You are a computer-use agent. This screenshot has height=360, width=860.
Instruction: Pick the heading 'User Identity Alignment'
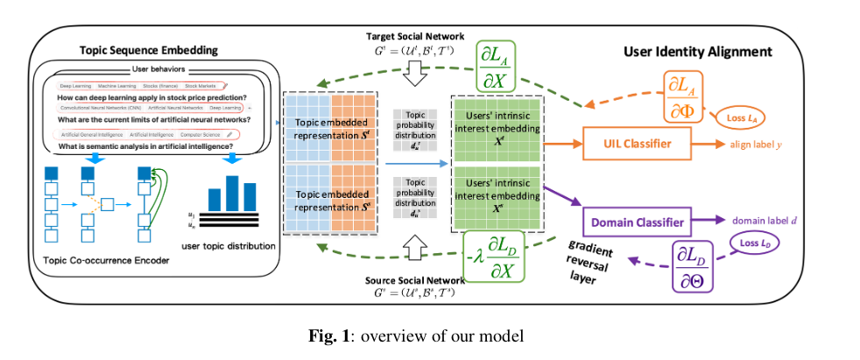click(697, 52)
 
